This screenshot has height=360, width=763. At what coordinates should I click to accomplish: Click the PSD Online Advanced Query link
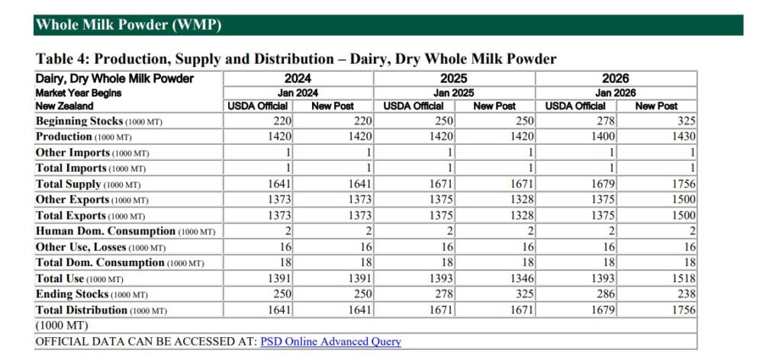[330, 342]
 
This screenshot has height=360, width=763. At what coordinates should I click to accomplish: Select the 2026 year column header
[616, 79]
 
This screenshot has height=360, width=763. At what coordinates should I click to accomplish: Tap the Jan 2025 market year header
[453, 93]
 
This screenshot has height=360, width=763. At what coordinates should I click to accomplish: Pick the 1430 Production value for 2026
[684, 137]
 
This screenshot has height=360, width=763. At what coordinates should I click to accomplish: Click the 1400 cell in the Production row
[603, 137]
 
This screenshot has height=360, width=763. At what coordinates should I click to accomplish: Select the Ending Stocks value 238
[687, 294]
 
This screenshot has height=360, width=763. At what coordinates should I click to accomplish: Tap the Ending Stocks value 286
[606, 294]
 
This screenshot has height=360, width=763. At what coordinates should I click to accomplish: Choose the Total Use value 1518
[684, 278]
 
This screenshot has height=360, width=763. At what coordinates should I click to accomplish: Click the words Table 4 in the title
[62, 59]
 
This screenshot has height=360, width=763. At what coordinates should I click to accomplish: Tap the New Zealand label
[64, 105]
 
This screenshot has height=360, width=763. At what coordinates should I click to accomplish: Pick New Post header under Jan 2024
[333, 106]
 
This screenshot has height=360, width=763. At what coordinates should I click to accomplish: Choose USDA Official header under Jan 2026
[575, 106]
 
